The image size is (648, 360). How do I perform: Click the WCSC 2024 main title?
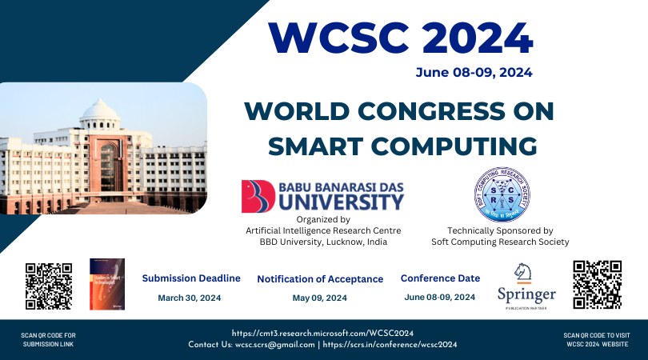(x=400, y=37)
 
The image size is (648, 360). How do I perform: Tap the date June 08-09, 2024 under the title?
(x=474, y=73)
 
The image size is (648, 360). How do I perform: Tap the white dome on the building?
(x=100, y=111)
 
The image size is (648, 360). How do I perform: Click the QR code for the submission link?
(x=49, y=286)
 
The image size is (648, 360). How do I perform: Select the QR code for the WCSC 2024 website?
(x=597, y=284)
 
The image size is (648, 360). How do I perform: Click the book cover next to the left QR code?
(x=106, y=284)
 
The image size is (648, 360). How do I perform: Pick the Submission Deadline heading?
(x=191, y=278)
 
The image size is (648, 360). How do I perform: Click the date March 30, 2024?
(x=189, y=298)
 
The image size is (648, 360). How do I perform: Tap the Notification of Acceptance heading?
(x=320, y=279)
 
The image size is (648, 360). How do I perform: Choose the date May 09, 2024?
(x=319, y=298)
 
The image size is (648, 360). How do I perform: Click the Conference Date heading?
(x=440, y=278)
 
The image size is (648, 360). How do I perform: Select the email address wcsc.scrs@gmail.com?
(x=274, y=345)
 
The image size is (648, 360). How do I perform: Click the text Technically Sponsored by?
(x=500, y=230)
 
